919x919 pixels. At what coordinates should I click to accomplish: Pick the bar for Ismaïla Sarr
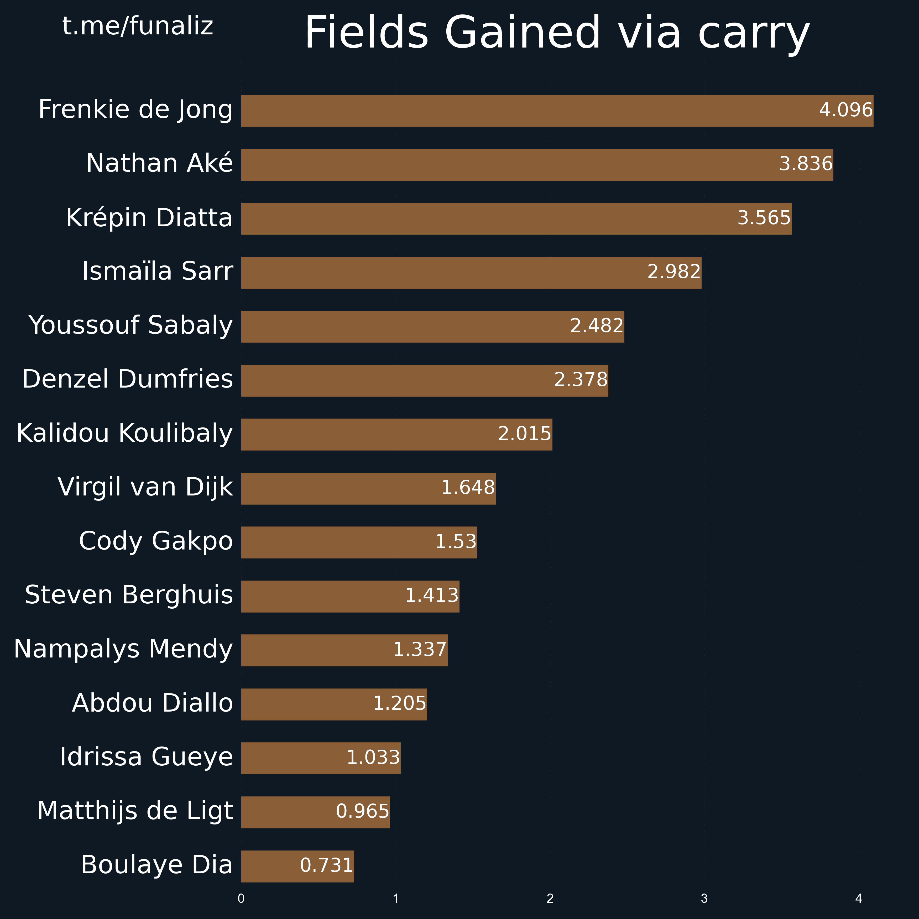(471, 273)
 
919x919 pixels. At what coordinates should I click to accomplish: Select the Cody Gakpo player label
(156, 541)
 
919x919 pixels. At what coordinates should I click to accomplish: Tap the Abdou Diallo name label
(152, 703)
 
